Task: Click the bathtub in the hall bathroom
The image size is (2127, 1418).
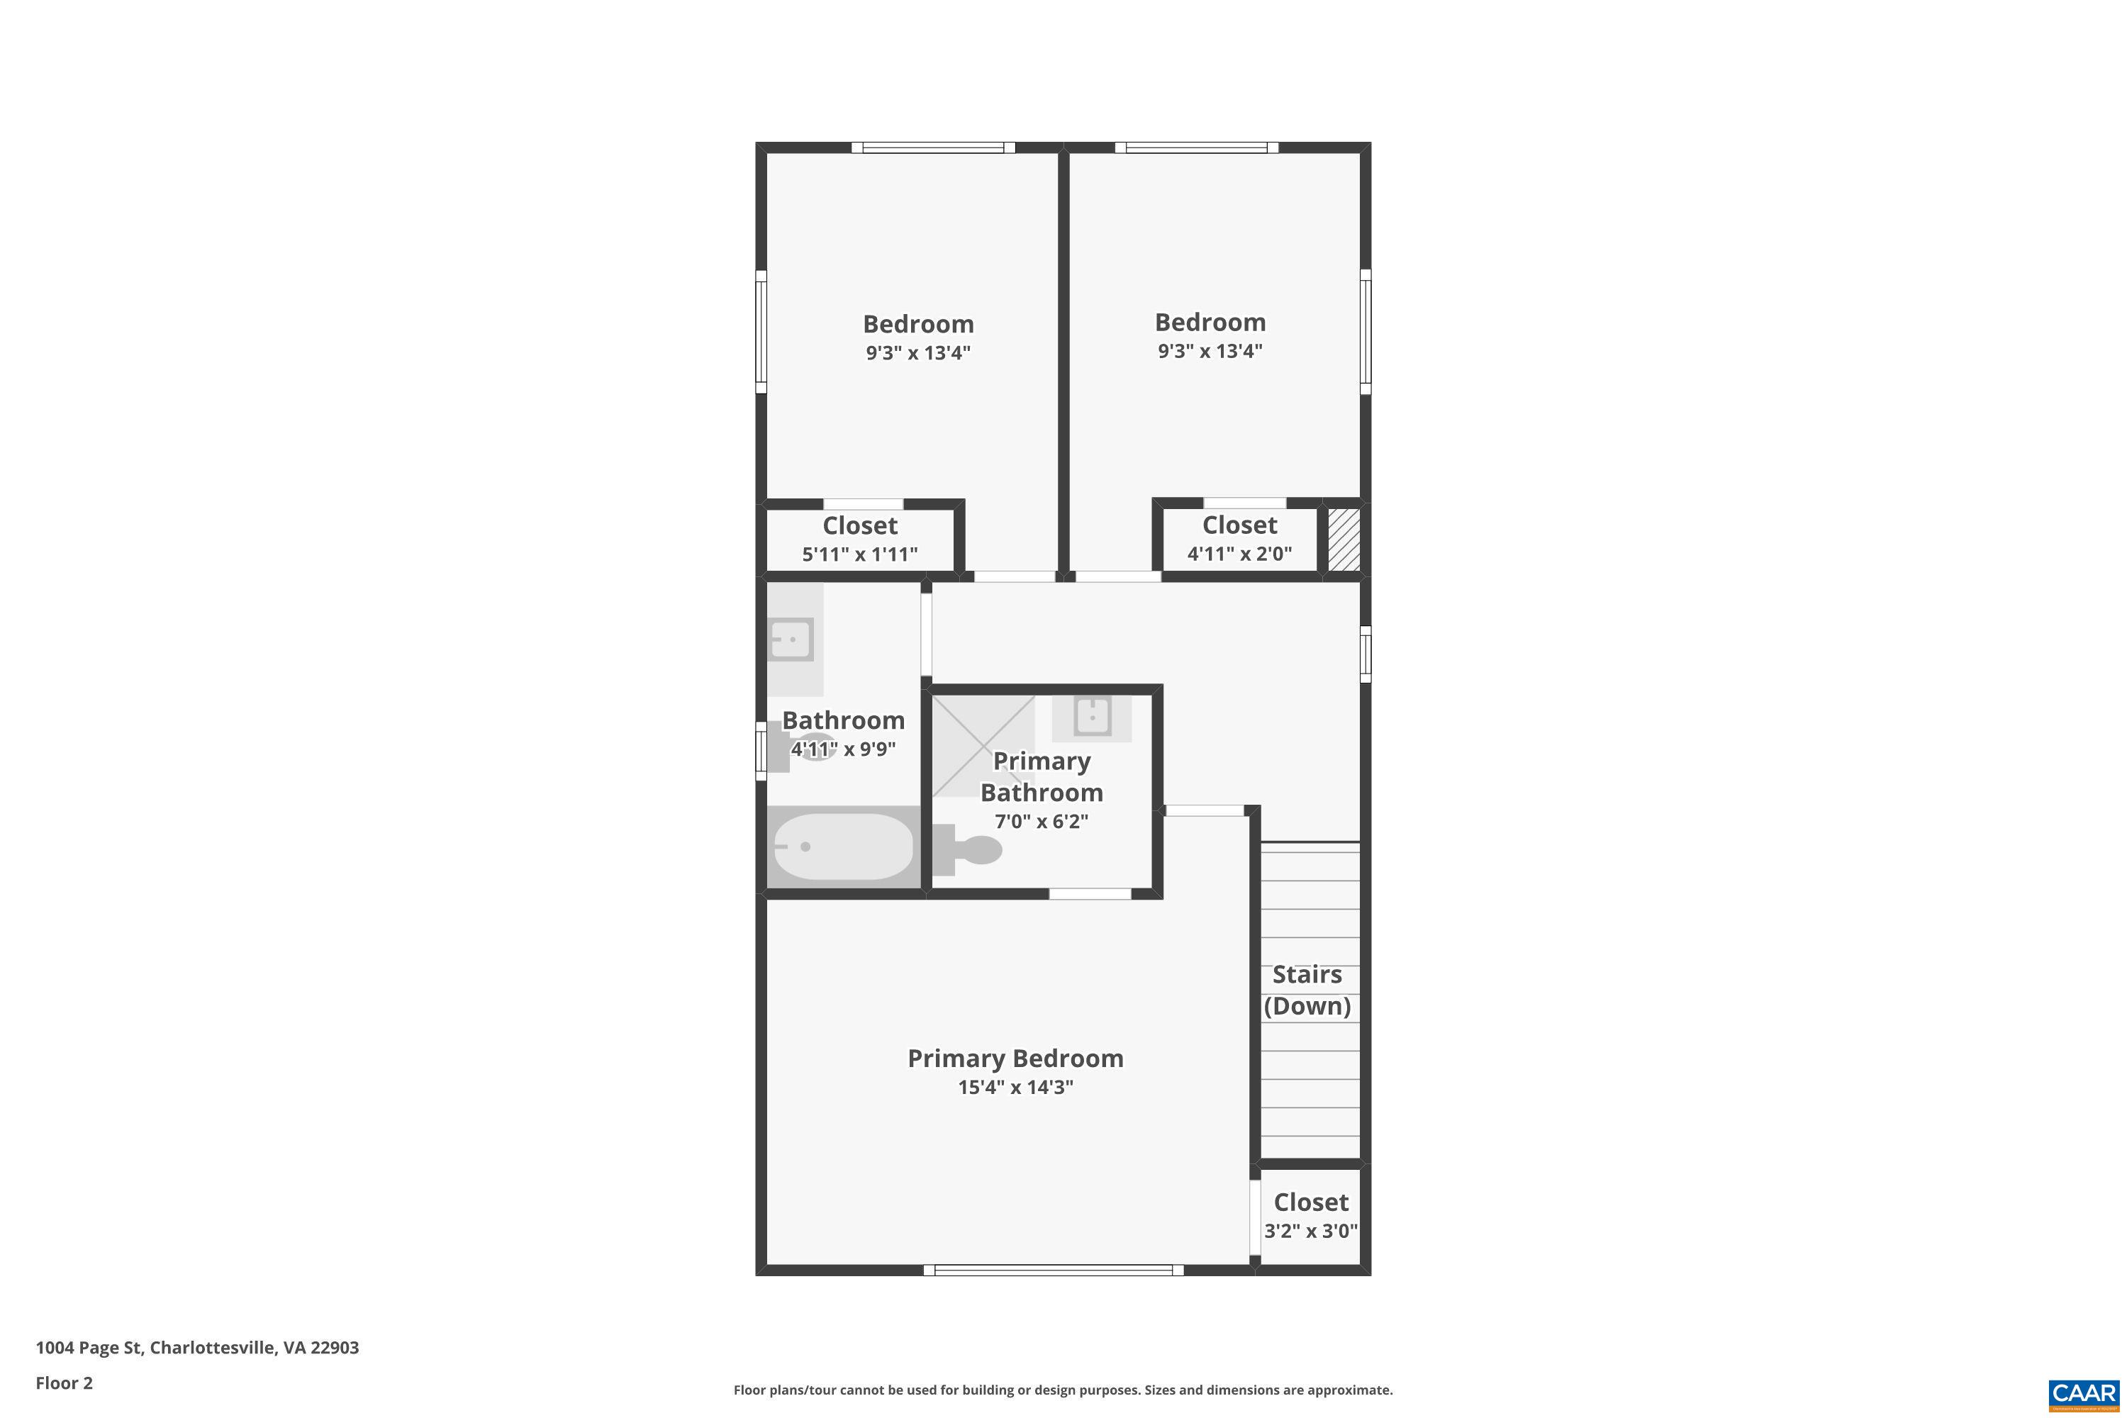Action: [843, 847]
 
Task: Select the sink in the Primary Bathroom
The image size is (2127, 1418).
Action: [1092, 717]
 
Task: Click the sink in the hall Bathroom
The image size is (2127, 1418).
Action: [791, 640]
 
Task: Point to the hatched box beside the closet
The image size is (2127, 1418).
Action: [1344, 539]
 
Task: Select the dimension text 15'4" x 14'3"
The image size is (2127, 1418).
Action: [1015, 1087]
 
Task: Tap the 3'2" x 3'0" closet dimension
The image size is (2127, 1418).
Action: [1310, 1231]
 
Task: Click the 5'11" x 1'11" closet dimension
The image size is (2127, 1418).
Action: [859, 554]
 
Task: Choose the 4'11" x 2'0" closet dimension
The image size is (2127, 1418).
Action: [1239, 554]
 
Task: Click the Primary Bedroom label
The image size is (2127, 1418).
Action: [1015, 1058]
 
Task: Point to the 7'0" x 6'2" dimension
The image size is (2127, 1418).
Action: [1041, 821]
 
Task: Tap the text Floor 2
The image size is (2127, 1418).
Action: [65, 1383]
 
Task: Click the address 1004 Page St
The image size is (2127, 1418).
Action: [197, 1348]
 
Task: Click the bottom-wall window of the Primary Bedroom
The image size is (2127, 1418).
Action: [1054, 1270]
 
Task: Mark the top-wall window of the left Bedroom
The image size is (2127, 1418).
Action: [932, 147]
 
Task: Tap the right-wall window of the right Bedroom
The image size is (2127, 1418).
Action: [1365, 331]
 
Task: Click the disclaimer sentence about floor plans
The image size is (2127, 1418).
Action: [1063, 1390]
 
